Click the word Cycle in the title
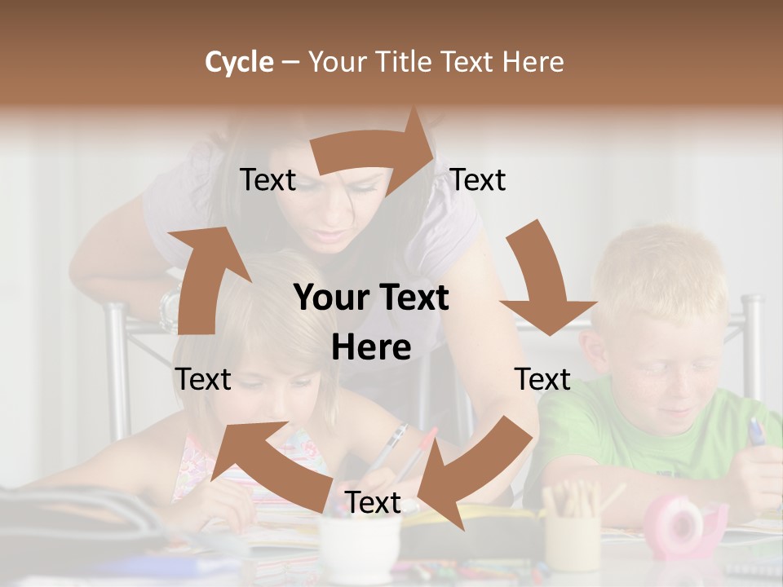239,62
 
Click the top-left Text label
268,180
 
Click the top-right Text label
478,180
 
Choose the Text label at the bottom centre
373,503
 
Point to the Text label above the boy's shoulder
542,379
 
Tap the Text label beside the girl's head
203,379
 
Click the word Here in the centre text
371,348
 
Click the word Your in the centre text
330,298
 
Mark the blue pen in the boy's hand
756,431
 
